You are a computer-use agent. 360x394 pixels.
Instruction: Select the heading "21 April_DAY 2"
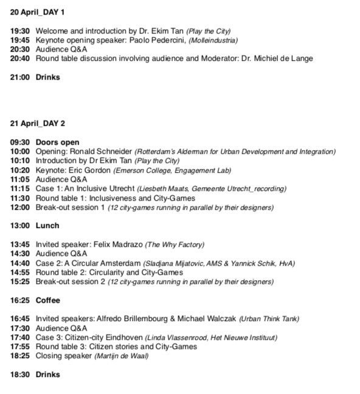37,124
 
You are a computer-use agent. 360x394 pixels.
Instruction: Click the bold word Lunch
47,226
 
